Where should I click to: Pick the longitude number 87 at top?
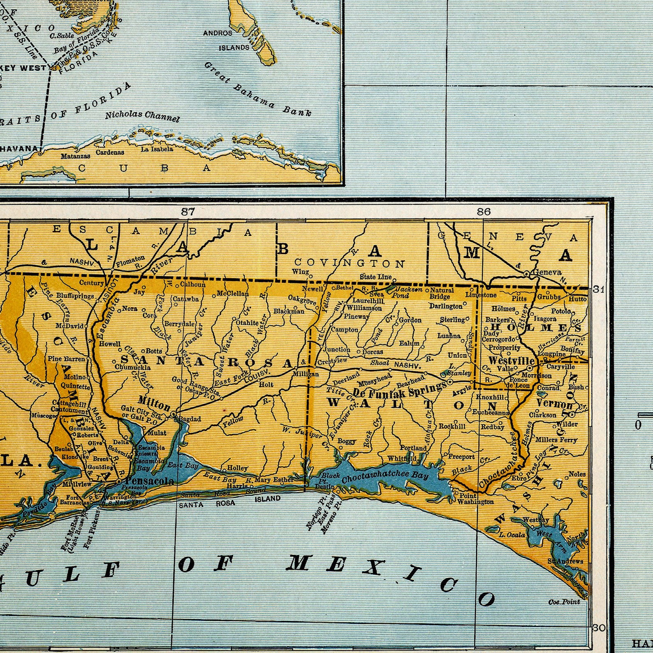coord(188,211)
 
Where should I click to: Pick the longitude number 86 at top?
coord(484,211)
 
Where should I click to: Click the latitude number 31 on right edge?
coord(599,289)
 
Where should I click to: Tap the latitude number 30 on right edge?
coord(599,628)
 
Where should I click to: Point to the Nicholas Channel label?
coord(142,116)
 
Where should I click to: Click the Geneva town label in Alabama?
coord(547,272)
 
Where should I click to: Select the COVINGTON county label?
coord(350,263)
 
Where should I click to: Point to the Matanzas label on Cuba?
coord(76,156)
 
